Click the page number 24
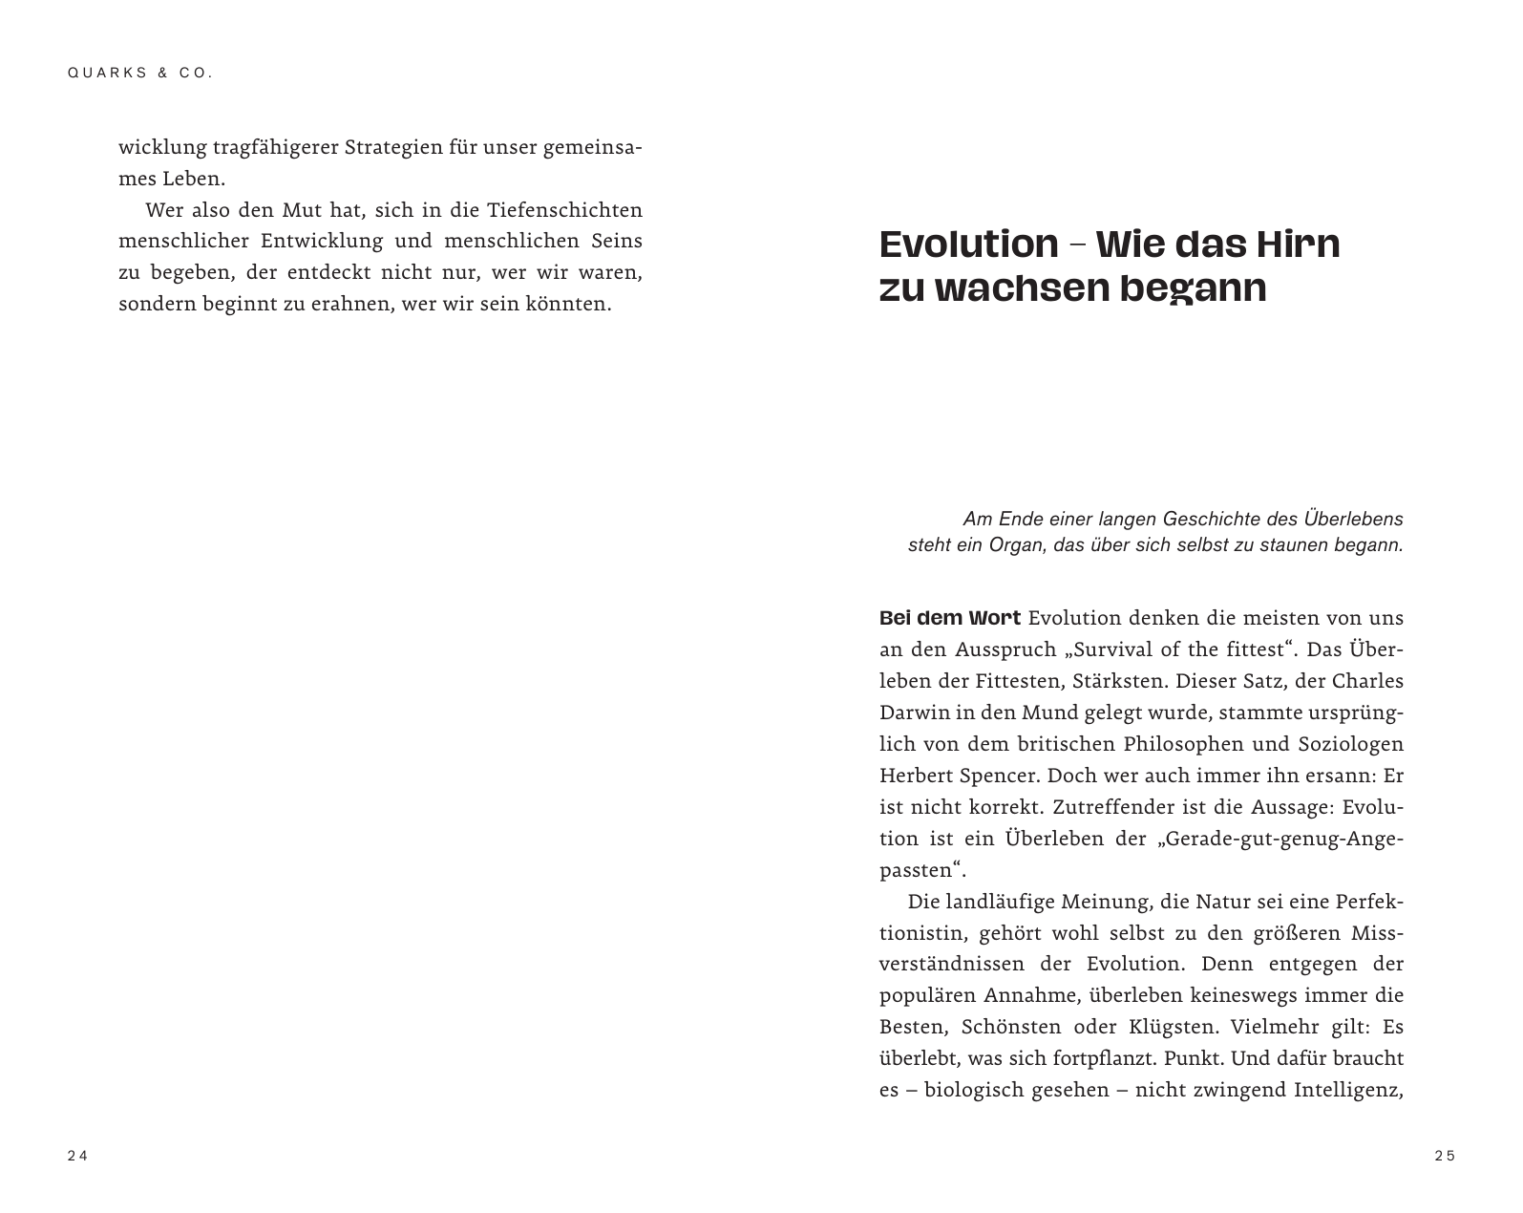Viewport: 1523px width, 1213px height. tap(77, 1156)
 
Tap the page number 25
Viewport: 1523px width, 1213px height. tap(1445, 1156)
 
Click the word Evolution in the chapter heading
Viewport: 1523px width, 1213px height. tap(968, 245)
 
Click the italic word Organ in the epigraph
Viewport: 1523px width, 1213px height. tap(1017, 546)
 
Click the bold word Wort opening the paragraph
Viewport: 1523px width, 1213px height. tap(994, 618)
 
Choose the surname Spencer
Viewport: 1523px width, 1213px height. tap(990, 776)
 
